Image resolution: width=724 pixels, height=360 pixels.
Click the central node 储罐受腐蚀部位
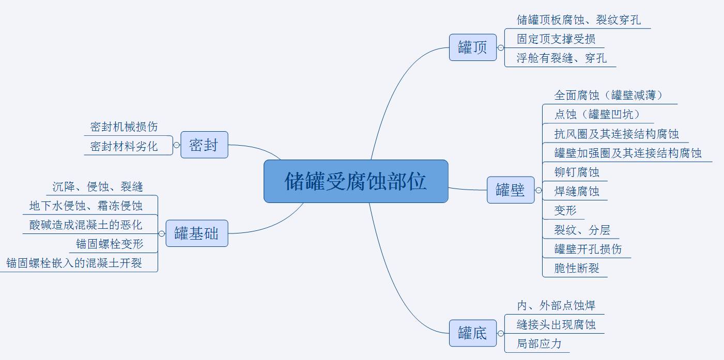(356, 181)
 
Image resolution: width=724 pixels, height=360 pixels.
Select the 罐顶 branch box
(472, 48)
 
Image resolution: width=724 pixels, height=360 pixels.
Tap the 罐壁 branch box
(510, 190)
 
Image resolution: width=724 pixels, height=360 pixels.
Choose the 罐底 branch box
(472, 333)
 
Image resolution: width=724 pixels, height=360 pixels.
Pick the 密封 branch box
(204, 145)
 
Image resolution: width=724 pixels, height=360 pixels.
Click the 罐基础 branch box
(196, 233)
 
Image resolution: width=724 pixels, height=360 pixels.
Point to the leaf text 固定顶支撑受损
(556, 39)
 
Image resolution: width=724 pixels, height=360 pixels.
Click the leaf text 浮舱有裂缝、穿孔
(562, 58)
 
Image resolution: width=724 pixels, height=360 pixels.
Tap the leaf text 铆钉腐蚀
(577, 172)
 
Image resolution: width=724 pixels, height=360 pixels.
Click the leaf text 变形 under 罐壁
(565, 211)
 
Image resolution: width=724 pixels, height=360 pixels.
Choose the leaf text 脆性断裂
(577, 268)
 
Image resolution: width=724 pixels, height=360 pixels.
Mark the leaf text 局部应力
(539, 343)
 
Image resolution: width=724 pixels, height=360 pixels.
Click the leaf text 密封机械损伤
(124, 127)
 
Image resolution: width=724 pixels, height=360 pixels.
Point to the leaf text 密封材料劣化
(124, 146)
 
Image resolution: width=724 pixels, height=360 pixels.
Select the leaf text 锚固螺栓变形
(110, 244)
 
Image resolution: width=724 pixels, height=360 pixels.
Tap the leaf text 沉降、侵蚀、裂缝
(98, 186)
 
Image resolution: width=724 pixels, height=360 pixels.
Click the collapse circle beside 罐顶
(500, 48)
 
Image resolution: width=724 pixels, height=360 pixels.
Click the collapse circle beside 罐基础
(162, 233)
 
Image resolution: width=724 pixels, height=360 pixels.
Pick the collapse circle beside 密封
(177, 145)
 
